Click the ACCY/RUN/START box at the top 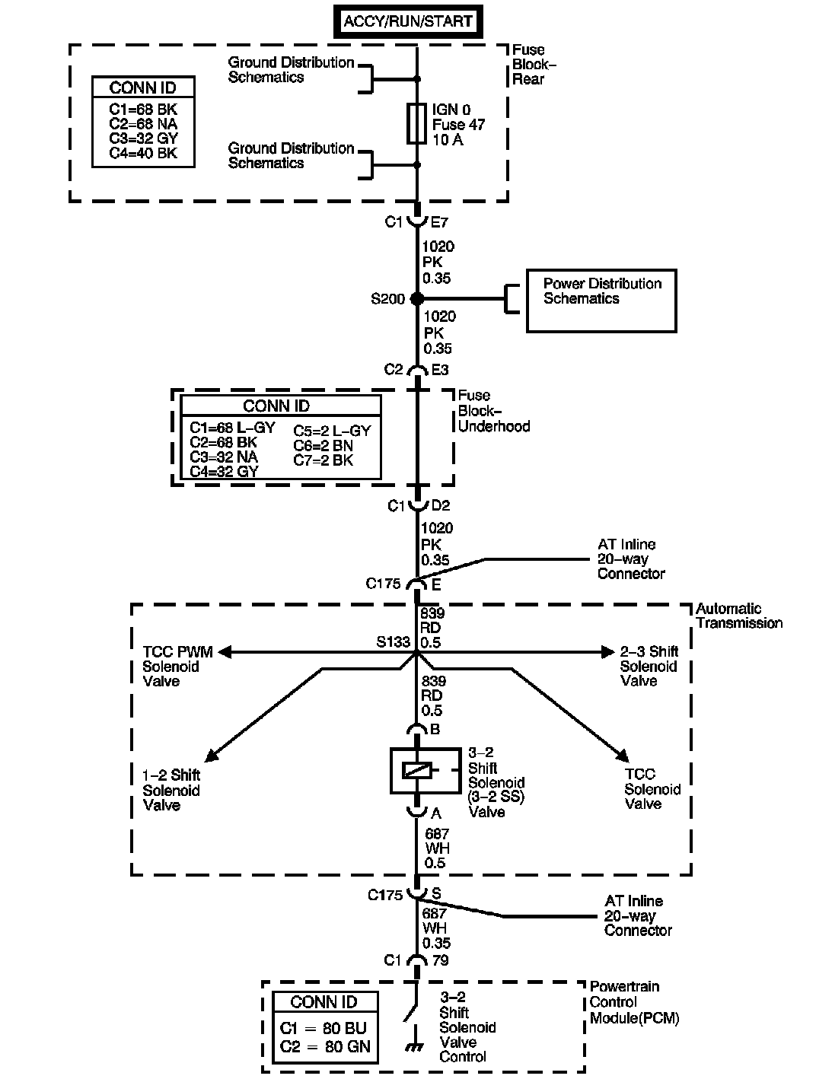408,21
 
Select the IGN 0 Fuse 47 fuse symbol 416,123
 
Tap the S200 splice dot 416,298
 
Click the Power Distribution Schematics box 601,301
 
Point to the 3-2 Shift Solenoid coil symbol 416,770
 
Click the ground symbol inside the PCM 415,1048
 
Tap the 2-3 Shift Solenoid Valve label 648,666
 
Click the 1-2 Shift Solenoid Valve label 171,790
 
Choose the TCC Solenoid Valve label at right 652,789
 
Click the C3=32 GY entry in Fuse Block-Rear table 143,138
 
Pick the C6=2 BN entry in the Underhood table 323,445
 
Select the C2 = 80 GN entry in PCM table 325,1046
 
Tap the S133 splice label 393,642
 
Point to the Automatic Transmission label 738,616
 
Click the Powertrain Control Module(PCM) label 634,1002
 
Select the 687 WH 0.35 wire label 436,928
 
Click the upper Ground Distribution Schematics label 291,69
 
